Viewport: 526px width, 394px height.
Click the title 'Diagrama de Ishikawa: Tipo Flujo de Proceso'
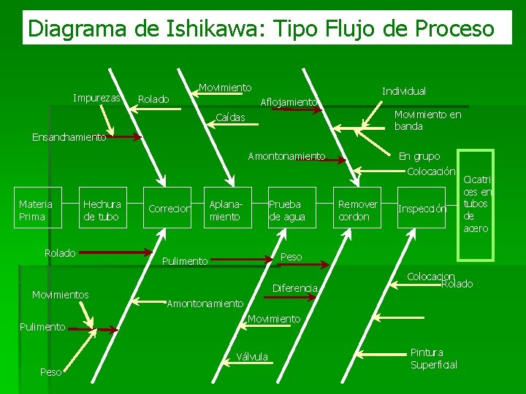261,28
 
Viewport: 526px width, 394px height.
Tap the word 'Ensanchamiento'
69,136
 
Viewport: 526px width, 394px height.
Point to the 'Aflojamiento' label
289,102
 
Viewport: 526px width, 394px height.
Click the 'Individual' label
404,91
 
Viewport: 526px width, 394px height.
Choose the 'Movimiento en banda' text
427,120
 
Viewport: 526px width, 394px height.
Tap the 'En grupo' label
419,156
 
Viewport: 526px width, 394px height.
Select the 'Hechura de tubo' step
102,210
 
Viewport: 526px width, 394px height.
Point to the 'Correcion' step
169,209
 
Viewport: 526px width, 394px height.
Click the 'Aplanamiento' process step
224,210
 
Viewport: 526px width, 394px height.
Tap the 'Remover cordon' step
357,210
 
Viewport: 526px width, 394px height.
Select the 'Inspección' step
422,209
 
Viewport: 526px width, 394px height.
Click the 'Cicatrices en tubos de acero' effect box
476,204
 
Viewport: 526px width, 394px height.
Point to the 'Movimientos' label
60,295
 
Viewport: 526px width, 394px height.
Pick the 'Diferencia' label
294,289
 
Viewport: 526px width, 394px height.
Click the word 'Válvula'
253,357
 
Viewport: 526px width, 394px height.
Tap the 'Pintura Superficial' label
433,358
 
